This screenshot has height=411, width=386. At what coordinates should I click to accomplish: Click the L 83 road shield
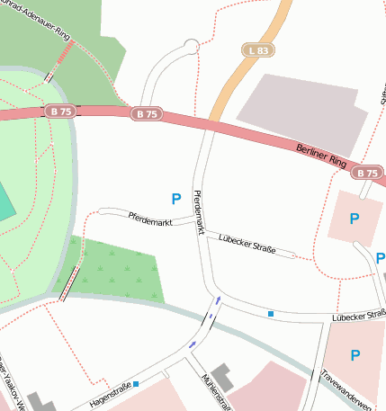(256, 51)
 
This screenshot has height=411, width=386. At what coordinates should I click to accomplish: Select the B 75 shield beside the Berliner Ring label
(367, 173)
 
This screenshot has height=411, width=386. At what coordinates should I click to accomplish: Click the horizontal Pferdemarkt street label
(149, 217)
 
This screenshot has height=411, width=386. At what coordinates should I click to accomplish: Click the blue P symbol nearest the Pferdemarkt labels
(176, 198)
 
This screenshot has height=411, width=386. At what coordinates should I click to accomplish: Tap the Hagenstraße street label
(110, 394)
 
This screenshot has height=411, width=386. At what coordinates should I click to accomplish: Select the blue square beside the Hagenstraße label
(136, 384)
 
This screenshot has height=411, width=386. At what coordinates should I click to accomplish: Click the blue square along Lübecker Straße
(270, 313)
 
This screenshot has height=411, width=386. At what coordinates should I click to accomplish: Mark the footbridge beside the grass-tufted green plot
(67, 284)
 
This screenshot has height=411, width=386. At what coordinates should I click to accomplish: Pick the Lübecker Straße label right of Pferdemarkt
(247, 242)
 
